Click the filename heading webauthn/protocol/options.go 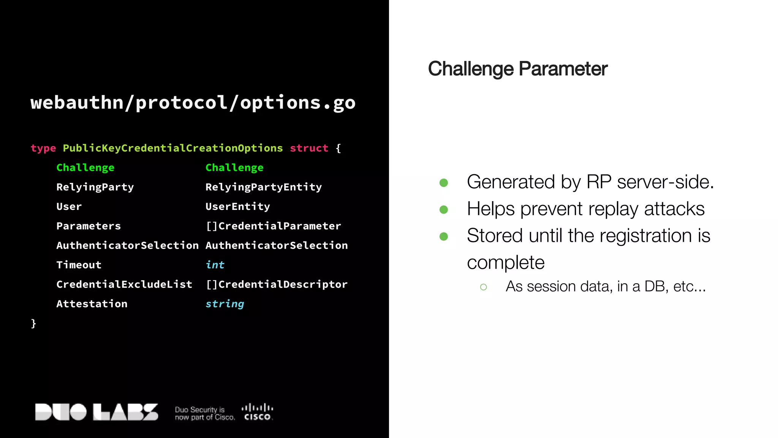(x=193, y=103)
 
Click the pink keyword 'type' (x=43, y=148)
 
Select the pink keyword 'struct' (x=309, y=148)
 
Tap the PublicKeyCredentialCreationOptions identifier (x=172, y=148)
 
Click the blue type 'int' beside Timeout (x=215, y=265)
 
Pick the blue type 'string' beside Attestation (x=225, y=304)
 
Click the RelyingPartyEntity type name (x=263, y=187)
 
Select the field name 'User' (x=69, y=206)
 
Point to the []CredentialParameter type (x=273, y=226)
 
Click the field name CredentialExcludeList (x=124, y=284)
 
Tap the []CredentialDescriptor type (x=276, y=284)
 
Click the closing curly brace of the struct (x=33, y=323)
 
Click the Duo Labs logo (x=96, y=412)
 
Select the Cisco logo (x=257, y=412)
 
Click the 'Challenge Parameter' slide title (x=517, y=69)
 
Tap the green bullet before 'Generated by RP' (x=443, y=183)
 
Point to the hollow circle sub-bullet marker (x=483, y=287)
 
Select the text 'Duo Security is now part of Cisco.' (x=204, y=414)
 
